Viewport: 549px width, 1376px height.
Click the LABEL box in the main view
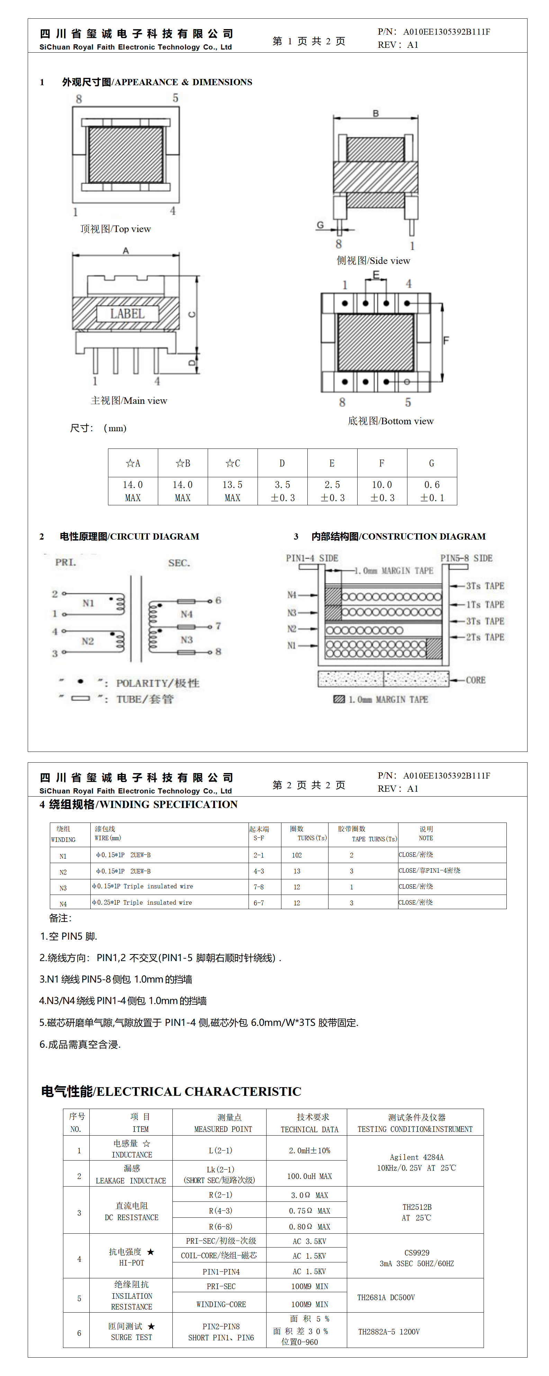[x=128, y=313]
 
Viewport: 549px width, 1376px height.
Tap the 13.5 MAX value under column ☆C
[x=232, y=491]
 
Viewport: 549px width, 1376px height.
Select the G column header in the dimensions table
[x=432, y=463]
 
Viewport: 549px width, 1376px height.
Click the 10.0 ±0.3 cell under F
[x=382, y=491]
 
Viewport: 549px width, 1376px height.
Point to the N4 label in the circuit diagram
[x=186, y=614]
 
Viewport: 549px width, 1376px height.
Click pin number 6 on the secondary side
[x=218, y=601]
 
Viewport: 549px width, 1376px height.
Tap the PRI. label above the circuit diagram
[x=66, y=562]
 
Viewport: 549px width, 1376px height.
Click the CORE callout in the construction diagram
[x=475, y=680]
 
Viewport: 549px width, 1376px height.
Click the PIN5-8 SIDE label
[x=466, y=558]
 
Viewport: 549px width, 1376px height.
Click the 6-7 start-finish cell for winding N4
[x=259, y=903]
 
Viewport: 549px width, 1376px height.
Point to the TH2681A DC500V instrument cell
[x=386, y=1297]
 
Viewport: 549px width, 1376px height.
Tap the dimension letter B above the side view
[x=376, y=113]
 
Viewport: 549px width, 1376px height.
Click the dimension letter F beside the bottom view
[x=447, y=340]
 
